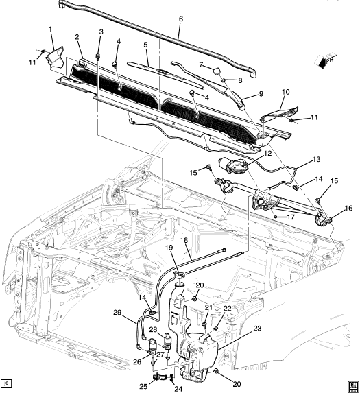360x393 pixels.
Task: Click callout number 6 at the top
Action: (181, 19)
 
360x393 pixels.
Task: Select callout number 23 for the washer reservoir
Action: (257, 329)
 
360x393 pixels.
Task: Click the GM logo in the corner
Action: (352, 385)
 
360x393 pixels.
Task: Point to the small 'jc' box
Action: (6, 383)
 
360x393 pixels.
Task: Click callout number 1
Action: (51, 29)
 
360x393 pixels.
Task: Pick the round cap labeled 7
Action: (217, 71)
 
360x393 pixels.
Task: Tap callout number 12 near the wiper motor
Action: (267, 153)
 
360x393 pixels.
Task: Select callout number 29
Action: (117, 313)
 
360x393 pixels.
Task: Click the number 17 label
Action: (291, 217)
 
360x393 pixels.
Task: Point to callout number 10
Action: (285, 92)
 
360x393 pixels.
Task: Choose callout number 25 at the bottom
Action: (143, 386)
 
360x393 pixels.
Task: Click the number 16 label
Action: (348, 209)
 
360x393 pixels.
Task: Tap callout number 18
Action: (184, 240)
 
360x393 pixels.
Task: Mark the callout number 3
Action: (101, 32)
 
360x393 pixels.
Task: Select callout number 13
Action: (316, 159)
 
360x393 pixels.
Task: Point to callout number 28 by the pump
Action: (154, 330)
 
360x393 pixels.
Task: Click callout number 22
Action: (227, 309)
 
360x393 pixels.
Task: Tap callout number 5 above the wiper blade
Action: (145, 45)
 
